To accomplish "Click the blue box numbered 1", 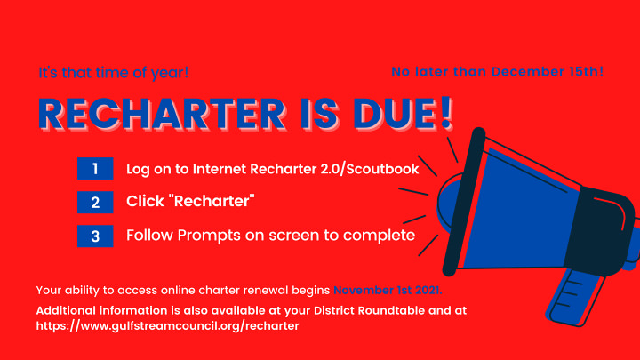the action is tap(95, 168).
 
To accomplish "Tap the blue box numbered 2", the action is tap(95, 202).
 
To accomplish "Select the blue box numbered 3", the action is tap(95, 236).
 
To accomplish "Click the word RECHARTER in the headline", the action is tap(162, 115).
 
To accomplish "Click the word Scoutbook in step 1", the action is tap(382, 169).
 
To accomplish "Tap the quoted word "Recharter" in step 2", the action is tap(212, 201).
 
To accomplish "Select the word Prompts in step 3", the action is tap(209, 236).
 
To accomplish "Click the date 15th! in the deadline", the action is tap(587, 71).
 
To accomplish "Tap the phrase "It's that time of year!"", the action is tap(114, 73).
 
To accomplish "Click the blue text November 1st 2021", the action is tap(388, 290).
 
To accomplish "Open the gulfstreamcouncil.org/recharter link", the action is tap(167, 325).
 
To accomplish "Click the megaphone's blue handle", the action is tap(575, 297).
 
